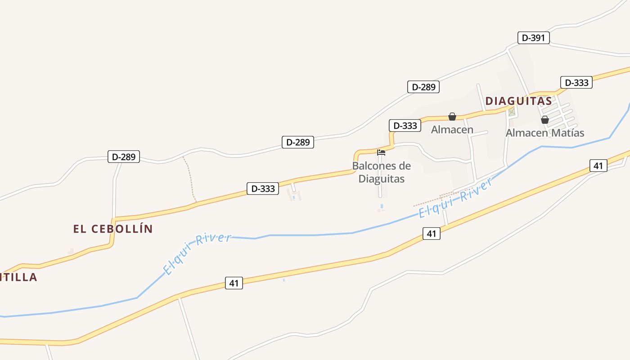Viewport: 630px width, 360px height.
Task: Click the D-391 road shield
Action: pyautogui.click(x=534, y=38)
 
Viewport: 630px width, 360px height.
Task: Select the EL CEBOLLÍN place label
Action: pyautogui.click(x=113, y=229)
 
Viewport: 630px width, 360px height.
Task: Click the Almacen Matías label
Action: pyautogui.click(x=544, y=133)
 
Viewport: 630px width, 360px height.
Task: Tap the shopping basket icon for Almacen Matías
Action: pyautogui.click(x=544, y=120)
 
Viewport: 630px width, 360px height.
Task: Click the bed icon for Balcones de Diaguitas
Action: pyautogui.click(x=381, y=152)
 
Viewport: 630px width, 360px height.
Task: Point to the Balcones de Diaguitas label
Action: pyautogui.click(x=381, y=172)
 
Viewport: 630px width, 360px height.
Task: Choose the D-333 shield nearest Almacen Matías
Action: pyautogui.click(x=576, y=83)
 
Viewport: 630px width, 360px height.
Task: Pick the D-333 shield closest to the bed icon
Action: pyautogui.click(x=405, y=126)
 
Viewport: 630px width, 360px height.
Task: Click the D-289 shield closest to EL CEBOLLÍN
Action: pyautogui.click(x=124, y=157)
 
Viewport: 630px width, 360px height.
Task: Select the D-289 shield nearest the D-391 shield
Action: pyautogui.click(x=423, y=87)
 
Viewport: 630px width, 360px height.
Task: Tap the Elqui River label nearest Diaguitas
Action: pyautogui.click(x=455, y=198)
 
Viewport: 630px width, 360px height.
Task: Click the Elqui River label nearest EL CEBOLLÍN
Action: pyautogui.click(x=197, y=253)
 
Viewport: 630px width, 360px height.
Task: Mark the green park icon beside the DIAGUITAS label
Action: pyautogui.click(x=512, y=111)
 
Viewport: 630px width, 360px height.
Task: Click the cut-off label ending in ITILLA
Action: pyautogui.click(x=18, y=277)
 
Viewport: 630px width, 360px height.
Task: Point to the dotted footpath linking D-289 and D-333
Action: pyautogui.click(x=189, y=179)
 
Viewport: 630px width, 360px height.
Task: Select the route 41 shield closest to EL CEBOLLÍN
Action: pyautogui.click(x=234, y=283)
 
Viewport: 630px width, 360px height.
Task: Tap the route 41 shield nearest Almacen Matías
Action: pyautogui.click(x=598, y=166)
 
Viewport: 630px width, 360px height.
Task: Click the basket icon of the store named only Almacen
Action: pyautogui.click(x=452, y=117)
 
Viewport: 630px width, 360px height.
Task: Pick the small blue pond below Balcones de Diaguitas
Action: pyautogui.click(x=382, y=207)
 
